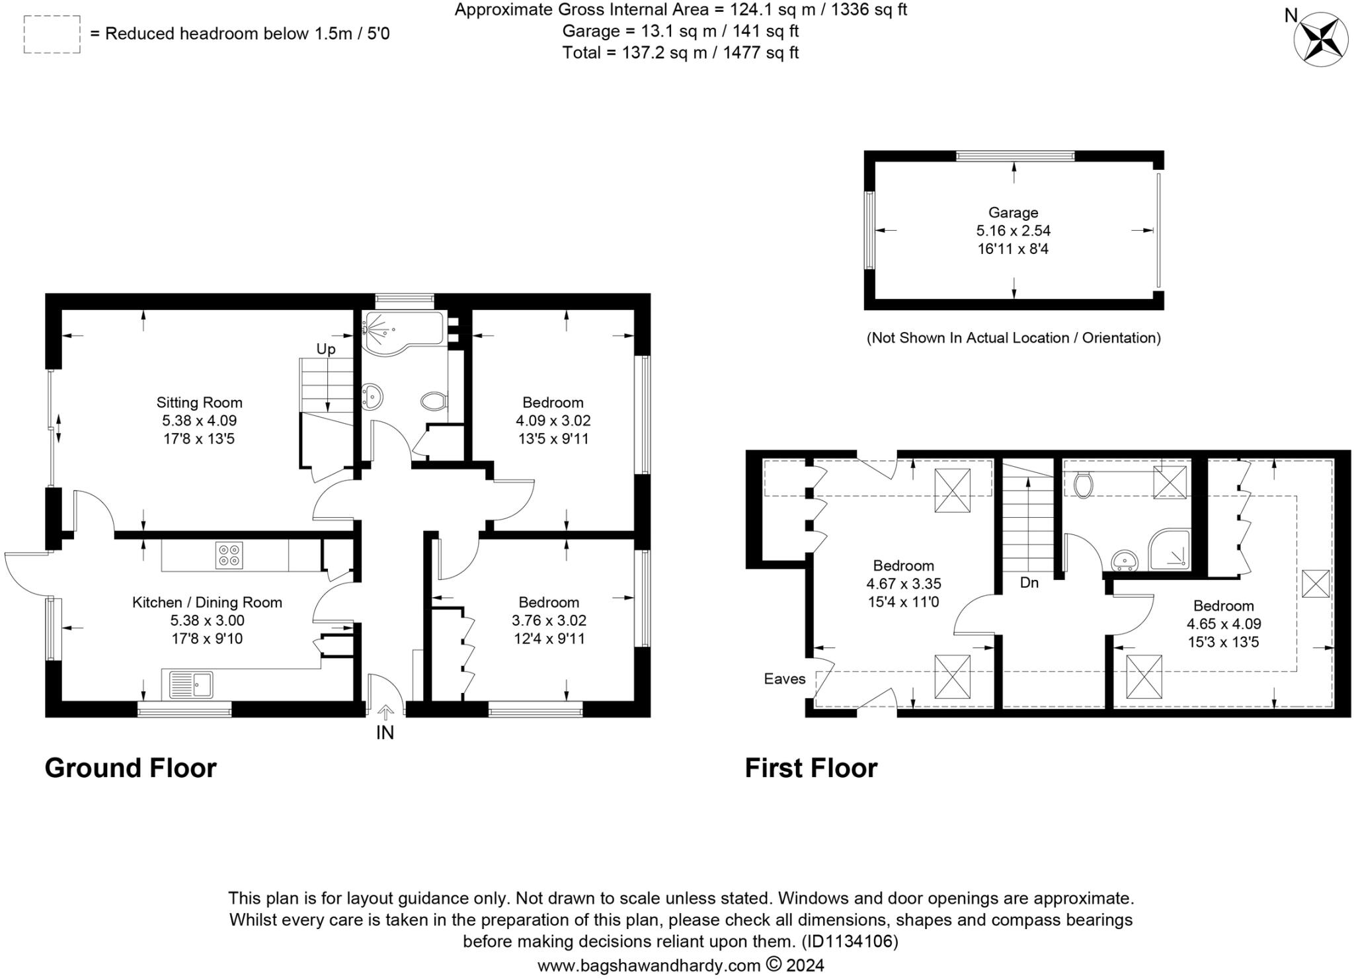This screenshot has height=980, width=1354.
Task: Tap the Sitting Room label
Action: pos(199,402)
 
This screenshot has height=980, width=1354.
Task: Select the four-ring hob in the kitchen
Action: pos(229,555)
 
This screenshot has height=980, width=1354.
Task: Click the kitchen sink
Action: pos(190,684)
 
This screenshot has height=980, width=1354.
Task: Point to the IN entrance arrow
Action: pos(385,712)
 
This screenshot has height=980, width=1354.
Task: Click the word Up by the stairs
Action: pos(326,348)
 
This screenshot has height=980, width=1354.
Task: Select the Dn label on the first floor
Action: pos(1029,583)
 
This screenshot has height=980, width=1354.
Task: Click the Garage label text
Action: pos(1013,212)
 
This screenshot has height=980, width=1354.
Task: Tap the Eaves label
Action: pos(785,678)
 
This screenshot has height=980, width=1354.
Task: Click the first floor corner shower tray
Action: pos(1169,550)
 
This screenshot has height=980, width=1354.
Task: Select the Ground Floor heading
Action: pos(130,768)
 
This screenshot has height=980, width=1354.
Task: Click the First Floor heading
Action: pos(811,768)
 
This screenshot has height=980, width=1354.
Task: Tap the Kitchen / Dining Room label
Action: pos(207,602)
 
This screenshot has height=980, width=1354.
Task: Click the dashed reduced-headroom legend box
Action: pos(52,34)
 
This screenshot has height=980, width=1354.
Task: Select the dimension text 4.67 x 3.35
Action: pos(904,584)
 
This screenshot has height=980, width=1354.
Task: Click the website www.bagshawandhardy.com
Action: pos(649,965)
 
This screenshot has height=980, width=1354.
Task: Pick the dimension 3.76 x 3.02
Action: pos(549,620)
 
